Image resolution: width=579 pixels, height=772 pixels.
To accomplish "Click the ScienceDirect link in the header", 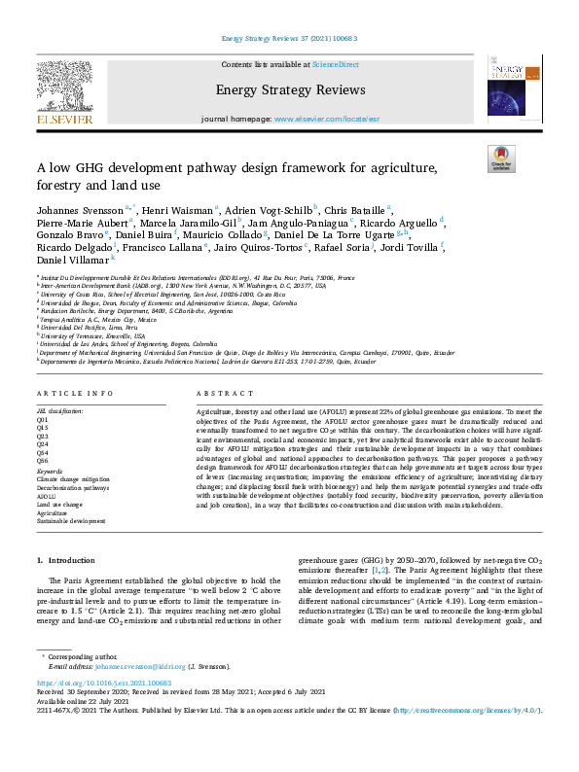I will pos(336,65).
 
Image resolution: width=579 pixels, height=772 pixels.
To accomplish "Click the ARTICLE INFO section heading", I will pos(68,393).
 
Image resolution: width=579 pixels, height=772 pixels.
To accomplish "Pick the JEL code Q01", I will pos(42,418).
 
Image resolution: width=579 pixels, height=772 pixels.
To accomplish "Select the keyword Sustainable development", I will pos(71,520).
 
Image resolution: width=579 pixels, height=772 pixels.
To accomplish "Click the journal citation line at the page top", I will pos(289,39).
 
